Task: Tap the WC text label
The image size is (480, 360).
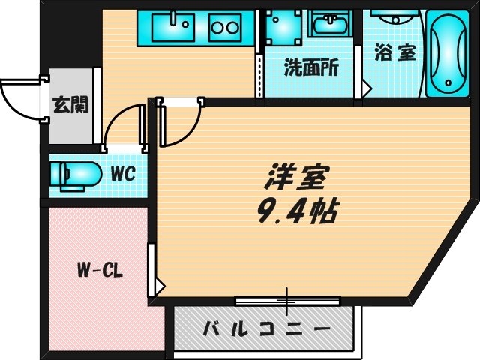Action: (121, 174)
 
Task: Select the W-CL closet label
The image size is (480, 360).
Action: (99, 269)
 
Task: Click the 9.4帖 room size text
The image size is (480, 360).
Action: (297, 211)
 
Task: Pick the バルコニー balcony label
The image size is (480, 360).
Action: (266, 328)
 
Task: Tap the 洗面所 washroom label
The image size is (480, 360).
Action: (310, 68)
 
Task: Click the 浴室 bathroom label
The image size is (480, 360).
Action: (394, 54)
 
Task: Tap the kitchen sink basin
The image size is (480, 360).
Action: (173, 28)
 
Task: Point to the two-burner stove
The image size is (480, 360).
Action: (224, 28)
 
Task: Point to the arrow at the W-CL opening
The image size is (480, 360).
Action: (160, 285)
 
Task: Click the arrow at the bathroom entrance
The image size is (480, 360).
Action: (366, 87)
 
